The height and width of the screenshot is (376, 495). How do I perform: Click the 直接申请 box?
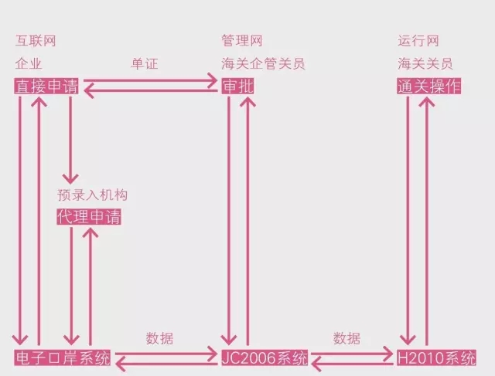click(x=46, y=86)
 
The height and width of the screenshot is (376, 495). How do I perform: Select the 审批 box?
click(x=237, y=86)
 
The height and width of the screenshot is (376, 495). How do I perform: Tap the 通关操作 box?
click(x=429, y=86)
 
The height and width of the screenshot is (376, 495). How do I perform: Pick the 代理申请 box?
click(x=89, y=217)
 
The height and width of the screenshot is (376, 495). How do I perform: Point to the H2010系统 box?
click(x=436, y=358)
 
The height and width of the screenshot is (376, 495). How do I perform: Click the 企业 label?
click(x=29, y=63)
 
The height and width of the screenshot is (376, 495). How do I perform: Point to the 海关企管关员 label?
click(x=263, y=63)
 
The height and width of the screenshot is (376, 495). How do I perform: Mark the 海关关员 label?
click(x=425, y=63)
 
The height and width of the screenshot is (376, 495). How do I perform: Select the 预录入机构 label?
click(x=91, y=195)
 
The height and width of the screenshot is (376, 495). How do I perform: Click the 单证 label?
click(x=145, y=64)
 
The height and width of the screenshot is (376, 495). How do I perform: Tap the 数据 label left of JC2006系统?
click(x=159, y=338)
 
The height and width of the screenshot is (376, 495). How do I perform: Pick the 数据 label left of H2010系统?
click(x=347, y=338)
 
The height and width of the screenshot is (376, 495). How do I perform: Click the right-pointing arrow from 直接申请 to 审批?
click(x=151, y=80)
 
